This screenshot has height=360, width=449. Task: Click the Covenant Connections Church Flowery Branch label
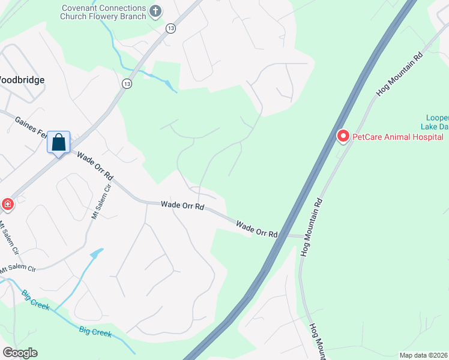point(103,12)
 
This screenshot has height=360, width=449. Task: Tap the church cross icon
point(155,10)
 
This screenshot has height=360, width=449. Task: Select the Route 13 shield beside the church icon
point(171,29)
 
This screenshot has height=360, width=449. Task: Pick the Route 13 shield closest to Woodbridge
point(126,83)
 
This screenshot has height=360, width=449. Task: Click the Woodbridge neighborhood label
point(22,79)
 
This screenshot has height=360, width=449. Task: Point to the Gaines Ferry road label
point(30,128)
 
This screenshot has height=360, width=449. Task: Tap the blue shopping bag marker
point(59,143)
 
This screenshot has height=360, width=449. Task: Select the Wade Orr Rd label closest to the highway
point(257,229)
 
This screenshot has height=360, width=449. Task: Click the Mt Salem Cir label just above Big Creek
point(18,269)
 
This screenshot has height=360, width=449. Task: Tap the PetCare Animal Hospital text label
point(397,137)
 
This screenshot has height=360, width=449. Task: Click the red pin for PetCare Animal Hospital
point(343,137)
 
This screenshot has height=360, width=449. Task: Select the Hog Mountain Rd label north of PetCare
point(399,74)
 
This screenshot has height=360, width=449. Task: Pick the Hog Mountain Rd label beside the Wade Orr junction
point(312,227)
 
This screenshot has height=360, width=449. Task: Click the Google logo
point(20,353)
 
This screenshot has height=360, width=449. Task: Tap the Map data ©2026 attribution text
point(423,355)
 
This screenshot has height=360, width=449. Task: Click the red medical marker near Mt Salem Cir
point(7,205)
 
